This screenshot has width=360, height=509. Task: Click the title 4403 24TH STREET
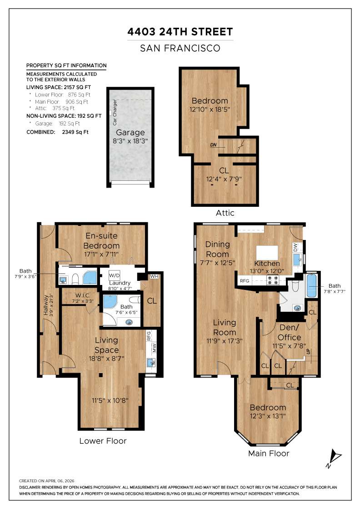tap(180, 32)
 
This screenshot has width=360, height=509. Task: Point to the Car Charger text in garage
tap(115, 112)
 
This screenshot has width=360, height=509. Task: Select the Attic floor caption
tap(225, 213)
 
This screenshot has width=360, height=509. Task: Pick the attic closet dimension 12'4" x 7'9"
tap(224, 179)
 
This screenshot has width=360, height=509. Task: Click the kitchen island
tap(267, 252)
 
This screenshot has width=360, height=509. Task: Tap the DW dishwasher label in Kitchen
tap(296, 248)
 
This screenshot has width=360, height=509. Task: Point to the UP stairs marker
tap(308, 352)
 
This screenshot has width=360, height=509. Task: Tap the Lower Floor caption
tap(103, 441)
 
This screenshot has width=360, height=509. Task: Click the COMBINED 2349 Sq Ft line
tap(57, 132)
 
